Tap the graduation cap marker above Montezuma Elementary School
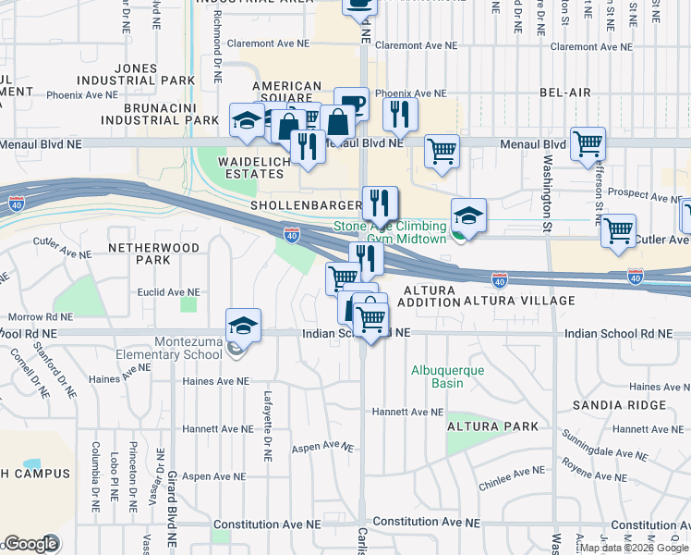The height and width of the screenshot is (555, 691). click(244, 326)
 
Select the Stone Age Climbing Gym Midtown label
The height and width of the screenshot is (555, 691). click(390, 232)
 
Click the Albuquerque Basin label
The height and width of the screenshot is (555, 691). click(449, 377)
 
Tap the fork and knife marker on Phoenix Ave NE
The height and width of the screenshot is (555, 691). click(400, 114)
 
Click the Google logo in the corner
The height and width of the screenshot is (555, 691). click(30, 544)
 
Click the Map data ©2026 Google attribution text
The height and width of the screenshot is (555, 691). click(633, 548)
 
